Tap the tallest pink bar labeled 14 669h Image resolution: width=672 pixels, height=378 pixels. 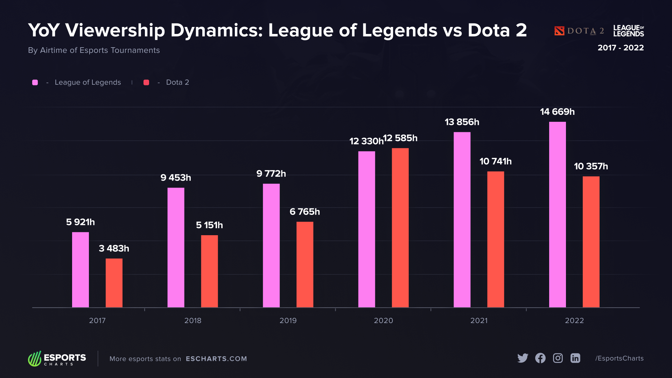[x=557, y=214]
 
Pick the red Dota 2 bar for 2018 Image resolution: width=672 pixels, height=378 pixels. [x=209, y=271]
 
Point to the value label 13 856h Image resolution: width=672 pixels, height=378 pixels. [x=462, y=122]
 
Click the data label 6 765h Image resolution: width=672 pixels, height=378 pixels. [x=304, y=212]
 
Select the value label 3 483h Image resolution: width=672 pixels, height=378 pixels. [x=114, y=248]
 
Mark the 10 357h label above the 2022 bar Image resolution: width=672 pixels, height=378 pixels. [x=591, y=166]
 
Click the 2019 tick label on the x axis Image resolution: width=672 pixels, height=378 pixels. [x=288, y=321]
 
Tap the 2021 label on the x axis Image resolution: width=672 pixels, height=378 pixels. [x=478, y=321]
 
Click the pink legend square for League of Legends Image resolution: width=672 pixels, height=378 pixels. [x=35, y=82]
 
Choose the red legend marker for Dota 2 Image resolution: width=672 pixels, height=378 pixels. [x=146, y=82]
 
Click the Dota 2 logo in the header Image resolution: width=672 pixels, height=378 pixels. [x=579, y=31]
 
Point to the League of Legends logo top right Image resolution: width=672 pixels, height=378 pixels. [x=628, y=31]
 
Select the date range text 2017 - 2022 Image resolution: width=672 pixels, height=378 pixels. [x=621, y=48]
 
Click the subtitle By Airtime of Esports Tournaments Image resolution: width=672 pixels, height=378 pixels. [x=94, y=50]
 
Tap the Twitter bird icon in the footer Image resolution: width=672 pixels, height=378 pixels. [x=523, y=358]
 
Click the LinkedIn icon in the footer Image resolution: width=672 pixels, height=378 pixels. [x=575, y=358]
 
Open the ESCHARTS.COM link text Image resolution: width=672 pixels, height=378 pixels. [x=216, y=359]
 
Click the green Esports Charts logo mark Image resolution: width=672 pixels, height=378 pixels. [x=35, y=359]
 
